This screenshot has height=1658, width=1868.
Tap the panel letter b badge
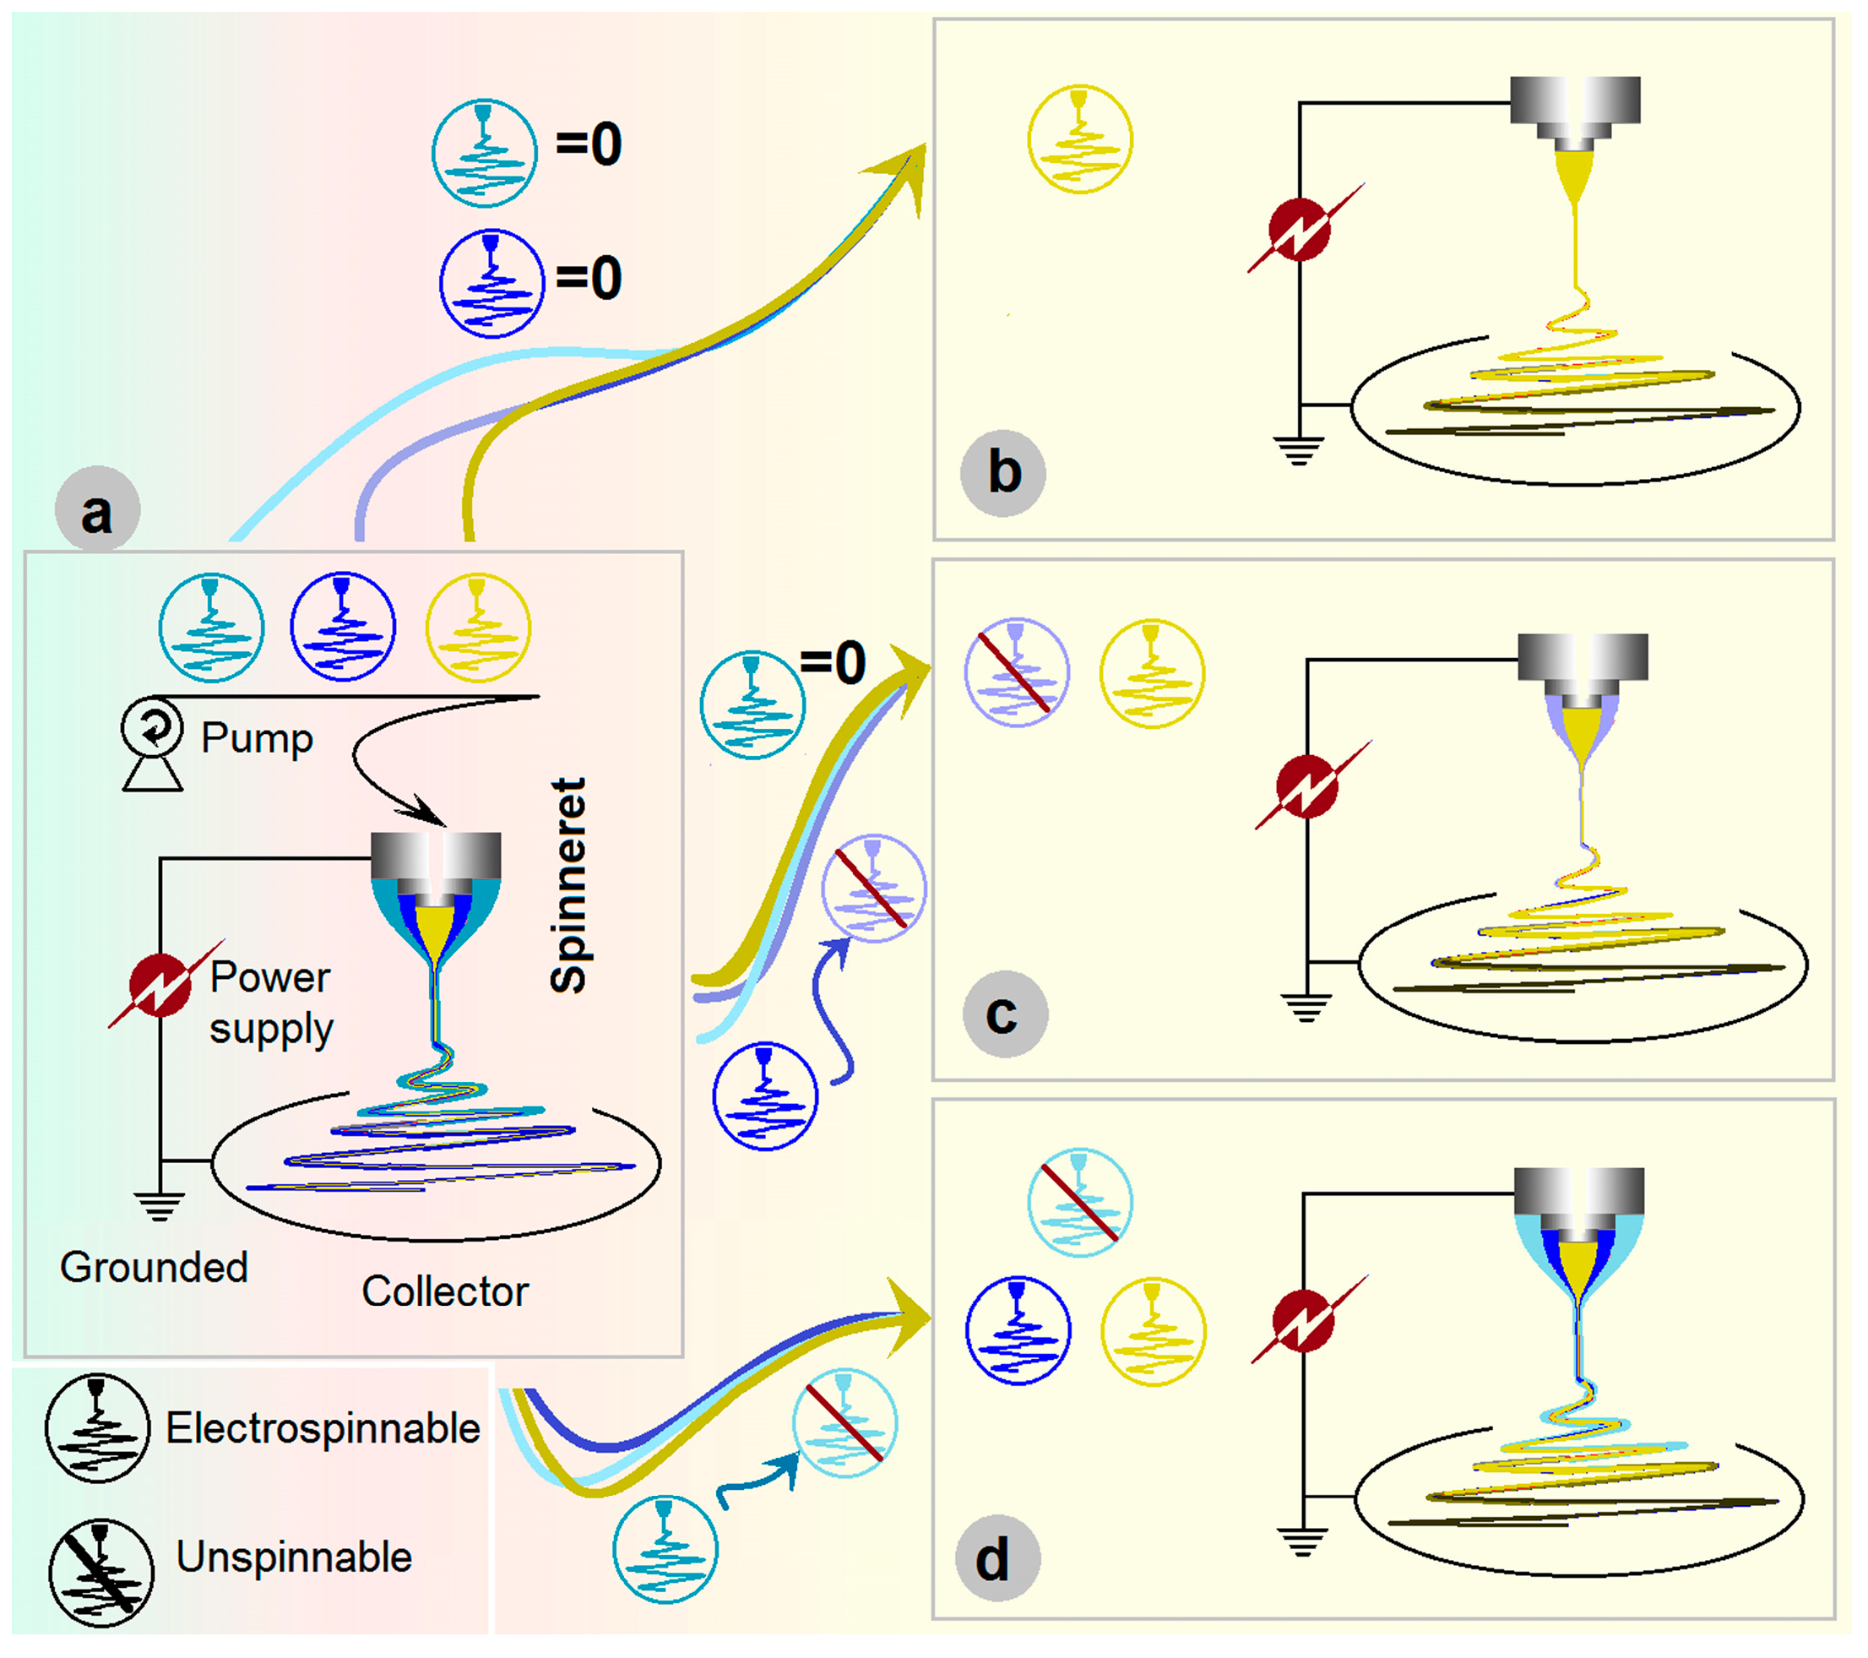point(1002,474)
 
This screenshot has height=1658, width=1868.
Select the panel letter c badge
point(1004,1014)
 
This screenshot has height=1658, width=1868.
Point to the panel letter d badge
point(996,1558)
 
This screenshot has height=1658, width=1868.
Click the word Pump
point(257,737)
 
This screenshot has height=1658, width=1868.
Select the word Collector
point(445,1291)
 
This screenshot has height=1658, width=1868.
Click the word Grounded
point(154,1268)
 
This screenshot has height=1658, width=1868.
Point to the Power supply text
point(270,1003)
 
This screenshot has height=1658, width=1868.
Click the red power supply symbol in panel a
point(160,984)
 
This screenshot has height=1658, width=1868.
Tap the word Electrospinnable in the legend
point(323,1427)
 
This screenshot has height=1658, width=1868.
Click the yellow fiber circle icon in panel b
point(1079,139)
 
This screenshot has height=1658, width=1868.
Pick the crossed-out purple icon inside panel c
point(1016,671)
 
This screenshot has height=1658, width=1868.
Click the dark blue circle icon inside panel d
point(1017,1330)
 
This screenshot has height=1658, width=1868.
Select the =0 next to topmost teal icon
point(589,144)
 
